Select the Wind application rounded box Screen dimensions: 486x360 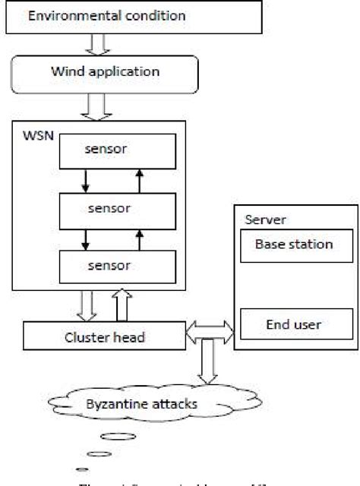coord(104,73)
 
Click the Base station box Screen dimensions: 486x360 coord(293,245)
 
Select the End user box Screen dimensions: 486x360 coord(293,325)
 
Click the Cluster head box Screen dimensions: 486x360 coord(104,334)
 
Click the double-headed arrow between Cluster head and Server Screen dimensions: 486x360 coord(210,330)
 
